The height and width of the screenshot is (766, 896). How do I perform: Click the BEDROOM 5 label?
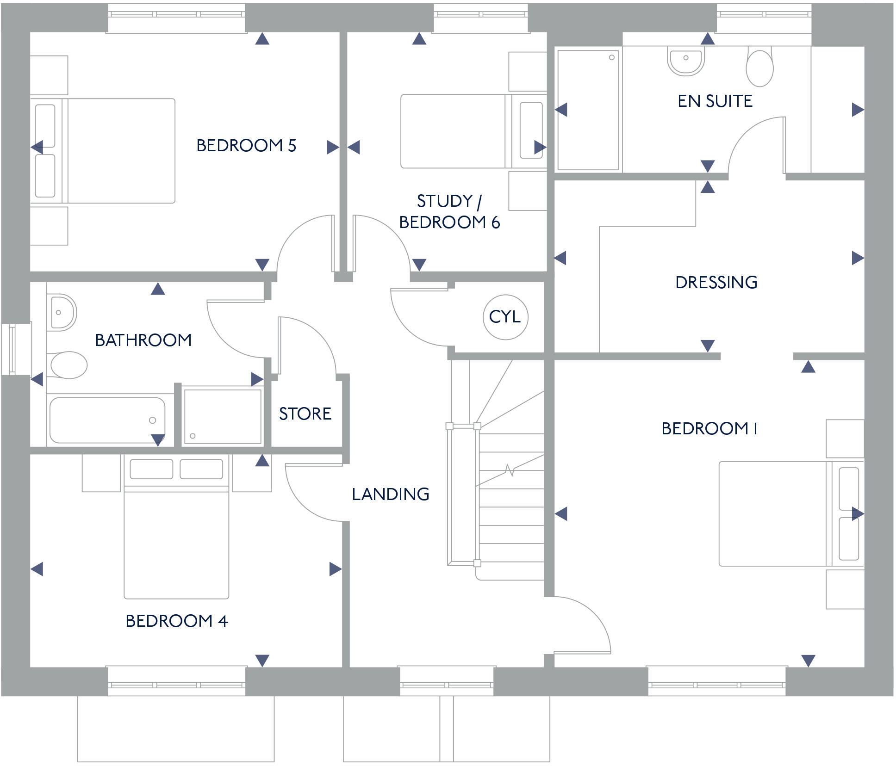(246, 146)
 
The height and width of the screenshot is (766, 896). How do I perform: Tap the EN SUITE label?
(715, 101)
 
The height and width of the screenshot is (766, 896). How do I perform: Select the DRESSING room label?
(716, 282)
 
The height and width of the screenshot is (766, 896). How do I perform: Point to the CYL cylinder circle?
(505, 317)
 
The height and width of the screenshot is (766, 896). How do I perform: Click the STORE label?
(305, 414)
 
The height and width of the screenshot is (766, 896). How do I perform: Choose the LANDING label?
(391, 494)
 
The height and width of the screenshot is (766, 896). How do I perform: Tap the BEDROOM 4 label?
(177, 621)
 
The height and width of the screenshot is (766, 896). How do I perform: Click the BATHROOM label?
(143, 340)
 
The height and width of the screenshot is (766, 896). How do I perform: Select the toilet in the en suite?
(759, 67)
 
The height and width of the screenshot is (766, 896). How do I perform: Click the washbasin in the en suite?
(686, 61)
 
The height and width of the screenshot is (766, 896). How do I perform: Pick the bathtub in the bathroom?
(107, 420)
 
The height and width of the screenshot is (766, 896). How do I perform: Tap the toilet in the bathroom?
(68, 365)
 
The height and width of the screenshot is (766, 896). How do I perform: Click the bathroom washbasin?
(61, 312)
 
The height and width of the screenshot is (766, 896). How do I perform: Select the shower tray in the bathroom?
(222, 416)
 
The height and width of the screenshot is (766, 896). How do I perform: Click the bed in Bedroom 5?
(103, 151)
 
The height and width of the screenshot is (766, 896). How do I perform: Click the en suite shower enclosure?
(588, 110)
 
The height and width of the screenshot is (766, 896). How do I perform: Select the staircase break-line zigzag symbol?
(510, 470)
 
